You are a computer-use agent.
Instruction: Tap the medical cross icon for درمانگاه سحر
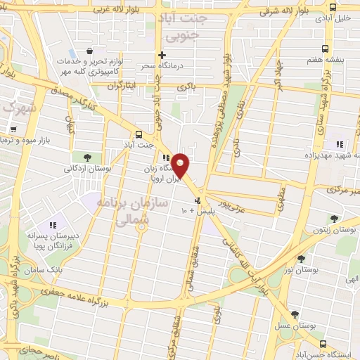coord(162,55)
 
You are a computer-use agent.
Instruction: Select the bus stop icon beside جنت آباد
coord(138,134)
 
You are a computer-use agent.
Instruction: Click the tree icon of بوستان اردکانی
coord(87,157)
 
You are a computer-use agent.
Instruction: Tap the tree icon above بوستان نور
coord(301,259)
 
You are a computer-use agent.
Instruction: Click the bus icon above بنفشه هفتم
coord(324,49)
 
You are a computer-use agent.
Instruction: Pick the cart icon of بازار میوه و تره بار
coord(13,129)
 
